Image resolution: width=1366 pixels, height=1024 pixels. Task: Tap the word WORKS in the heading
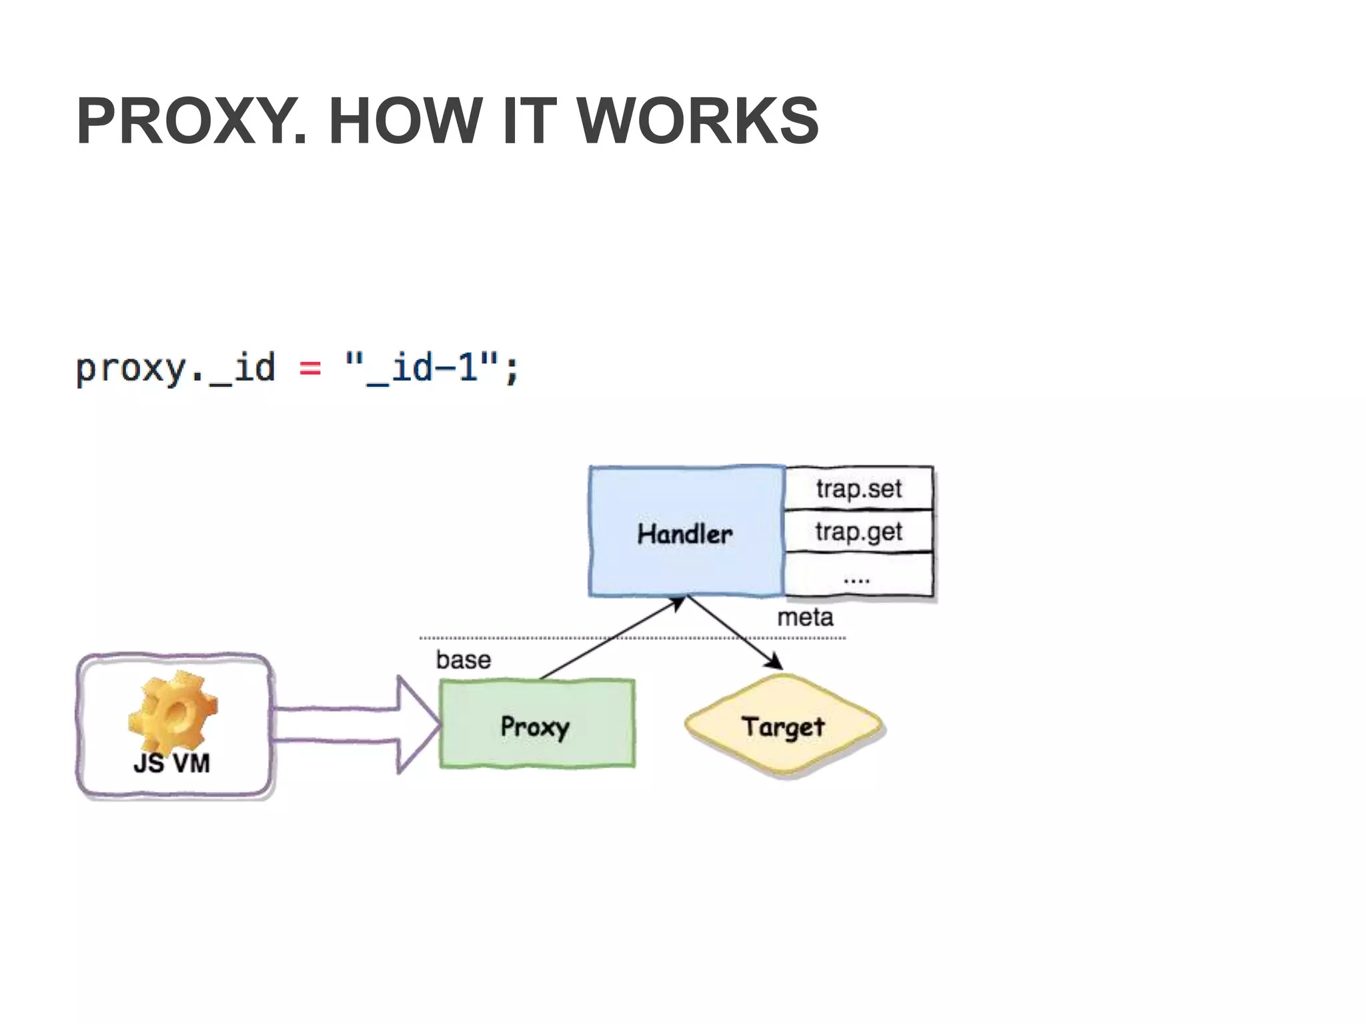pyautogui.click(x=698, y=121)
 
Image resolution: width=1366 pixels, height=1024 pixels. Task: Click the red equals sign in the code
pyautogui.click(x=310, y=368)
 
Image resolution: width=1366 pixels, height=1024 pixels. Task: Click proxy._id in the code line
pyautogui.click(x=175, y=369)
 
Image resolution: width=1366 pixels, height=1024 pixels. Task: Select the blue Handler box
pyautogui.click(x=686, y=531)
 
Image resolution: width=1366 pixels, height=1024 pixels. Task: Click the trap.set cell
pyautogui.click(x=858, y=489)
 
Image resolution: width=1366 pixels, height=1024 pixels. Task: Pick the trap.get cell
pyautogui.click(x=858, y=532)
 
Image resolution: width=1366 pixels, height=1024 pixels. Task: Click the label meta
pyautogui.click(x=805, y=617)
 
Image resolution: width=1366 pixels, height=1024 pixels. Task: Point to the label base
pyautogui.click(x=464, y=660)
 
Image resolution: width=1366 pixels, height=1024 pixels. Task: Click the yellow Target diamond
pyautogui.click(x=784, y=726)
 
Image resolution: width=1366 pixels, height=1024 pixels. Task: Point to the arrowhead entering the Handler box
pyautogui.click(x=677, y=603)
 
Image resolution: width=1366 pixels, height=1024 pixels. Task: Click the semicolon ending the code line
pyautogui.click(x=512, y=371)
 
